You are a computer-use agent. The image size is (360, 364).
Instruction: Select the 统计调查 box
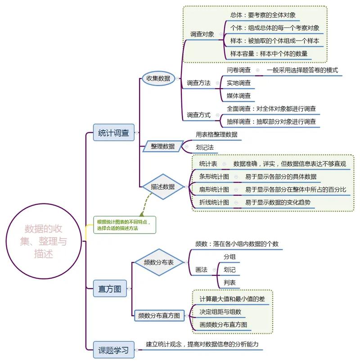[113, 133]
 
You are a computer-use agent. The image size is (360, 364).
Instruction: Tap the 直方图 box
[110, 289]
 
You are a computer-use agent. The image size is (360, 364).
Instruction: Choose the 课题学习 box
[113, 349]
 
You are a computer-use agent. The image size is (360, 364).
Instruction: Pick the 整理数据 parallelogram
[162, 146]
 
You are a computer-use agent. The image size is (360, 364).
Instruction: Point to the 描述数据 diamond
[162, 186]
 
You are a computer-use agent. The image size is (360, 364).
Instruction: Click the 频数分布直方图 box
[159, 316]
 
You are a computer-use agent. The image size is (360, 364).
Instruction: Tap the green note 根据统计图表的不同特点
[125, 225]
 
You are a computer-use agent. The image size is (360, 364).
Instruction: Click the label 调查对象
[202, 34]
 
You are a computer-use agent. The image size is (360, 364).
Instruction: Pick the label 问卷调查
[238, 71]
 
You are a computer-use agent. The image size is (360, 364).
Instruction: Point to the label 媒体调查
[238, 96]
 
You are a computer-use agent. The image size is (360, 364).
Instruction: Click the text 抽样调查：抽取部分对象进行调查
[271, 121]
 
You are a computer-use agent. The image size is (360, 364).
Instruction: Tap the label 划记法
[205, 147]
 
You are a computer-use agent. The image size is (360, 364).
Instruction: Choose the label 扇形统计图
[214, 189]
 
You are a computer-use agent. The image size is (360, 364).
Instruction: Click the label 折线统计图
[214, 202]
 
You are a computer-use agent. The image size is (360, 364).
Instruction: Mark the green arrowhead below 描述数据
[142, 214]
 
